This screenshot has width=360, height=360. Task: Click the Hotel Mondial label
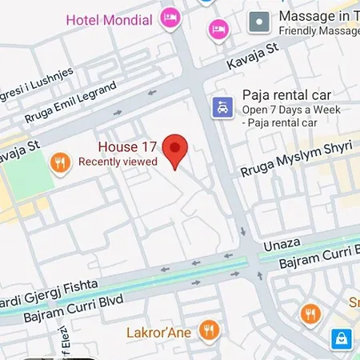(x=110, y=18)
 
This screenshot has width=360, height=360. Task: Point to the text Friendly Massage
(x=318, y=31)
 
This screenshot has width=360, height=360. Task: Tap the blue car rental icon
(x=222, y=106)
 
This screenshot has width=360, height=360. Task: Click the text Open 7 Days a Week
(x=291, y=110)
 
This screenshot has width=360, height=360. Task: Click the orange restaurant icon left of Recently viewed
(x=59, y=164)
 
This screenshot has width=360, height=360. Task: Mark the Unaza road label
(x=298, y=230)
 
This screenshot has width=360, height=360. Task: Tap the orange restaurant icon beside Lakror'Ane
(x=209, y=329)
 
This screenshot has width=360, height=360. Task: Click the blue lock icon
(x=342, y=339)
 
